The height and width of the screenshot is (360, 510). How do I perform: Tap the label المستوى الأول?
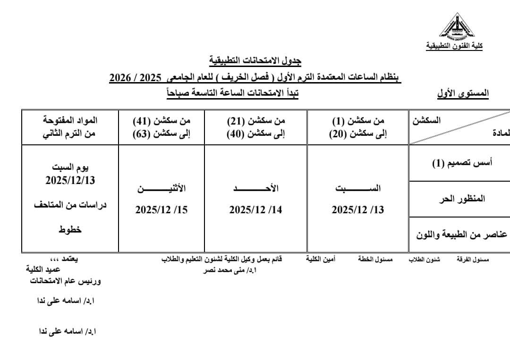(462, 93)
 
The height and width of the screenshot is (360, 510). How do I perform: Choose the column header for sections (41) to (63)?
(161, 127)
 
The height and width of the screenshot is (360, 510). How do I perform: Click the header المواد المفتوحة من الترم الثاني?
(70, 127)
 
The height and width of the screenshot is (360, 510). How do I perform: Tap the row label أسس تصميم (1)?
(462, 163)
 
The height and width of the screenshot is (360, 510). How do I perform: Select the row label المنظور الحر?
(462, 199)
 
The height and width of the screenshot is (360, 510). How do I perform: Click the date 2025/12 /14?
(255, 210)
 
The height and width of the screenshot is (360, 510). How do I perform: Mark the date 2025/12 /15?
(161, 210)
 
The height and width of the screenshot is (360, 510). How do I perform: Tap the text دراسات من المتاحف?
(70, 205)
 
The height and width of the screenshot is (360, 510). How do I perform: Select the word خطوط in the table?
(70, 229)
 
